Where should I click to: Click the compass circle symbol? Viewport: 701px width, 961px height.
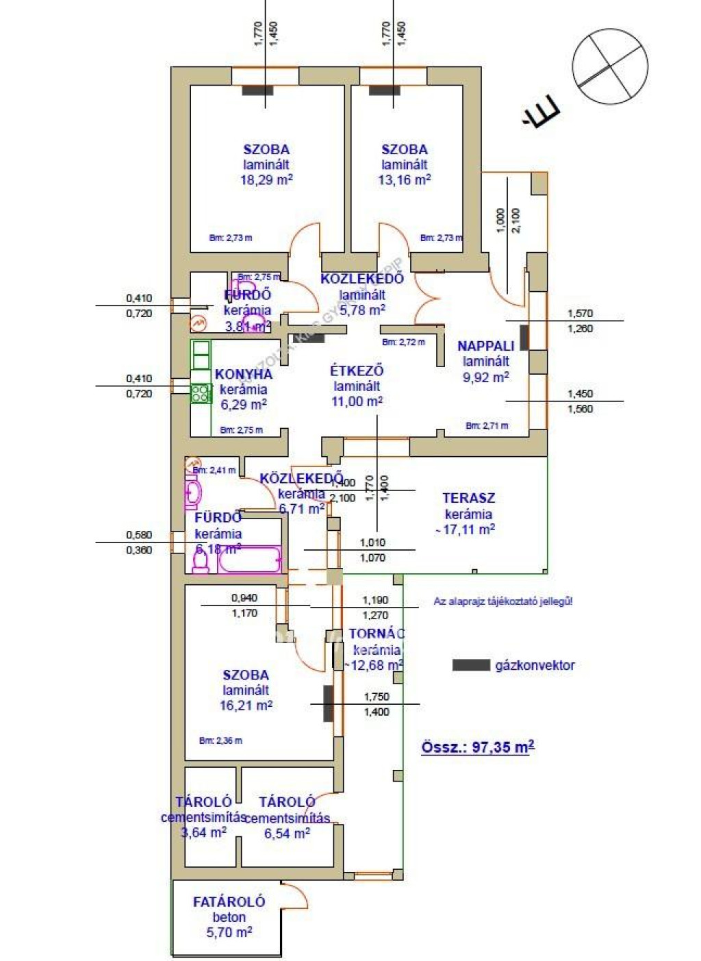pyautogui.click(x=609, y=66)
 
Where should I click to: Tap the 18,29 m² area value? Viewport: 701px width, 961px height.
pyautogui.click(x=266, y=180)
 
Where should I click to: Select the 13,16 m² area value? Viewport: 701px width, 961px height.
pyautogui.click(x=405, y=180)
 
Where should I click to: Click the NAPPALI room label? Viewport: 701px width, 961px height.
pyautogui.click(x=486, y=346)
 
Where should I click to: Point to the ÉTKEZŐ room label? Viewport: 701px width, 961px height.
pyautogui.click(x=357, y=371)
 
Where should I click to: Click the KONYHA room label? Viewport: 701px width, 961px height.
pyautogui.click(x=244, y=374)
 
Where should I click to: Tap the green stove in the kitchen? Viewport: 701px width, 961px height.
pyautogui.click(x=201, y=393)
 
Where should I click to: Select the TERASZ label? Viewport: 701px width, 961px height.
pyautogui.click(x=468, y=498)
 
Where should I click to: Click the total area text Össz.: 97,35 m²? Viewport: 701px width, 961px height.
pyautogui.click(x=478, y=747)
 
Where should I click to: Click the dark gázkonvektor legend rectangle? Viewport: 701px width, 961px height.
pyautogui.click(x=471, y=665)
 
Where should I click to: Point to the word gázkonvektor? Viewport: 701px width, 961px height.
pyautogui.click(x=535, y=665)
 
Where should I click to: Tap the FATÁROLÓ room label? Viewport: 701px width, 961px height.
pyautogui.click(x=229, y=902)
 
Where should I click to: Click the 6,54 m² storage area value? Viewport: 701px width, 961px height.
pyautogui.click(x=287, y=834)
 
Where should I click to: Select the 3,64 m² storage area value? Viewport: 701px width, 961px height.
pyautogui.click(x=203, y=833)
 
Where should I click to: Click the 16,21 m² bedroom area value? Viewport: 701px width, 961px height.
pyautogui.click(x=246, y=706)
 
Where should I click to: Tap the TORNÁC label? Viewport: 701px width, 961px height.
pyautogui.click(x=377, y=634)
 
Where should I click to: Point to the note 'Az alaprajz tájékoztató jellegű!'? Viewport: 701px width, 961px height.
pyautogui.click(x=503, y=601)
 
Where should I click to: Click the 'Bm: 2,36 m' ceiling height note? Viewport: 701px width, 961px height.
pyautogui.click(x=220, y=740)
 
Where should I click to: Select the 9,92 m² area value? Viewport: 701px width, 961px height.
pyautogui.click(x=486, y=377)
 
